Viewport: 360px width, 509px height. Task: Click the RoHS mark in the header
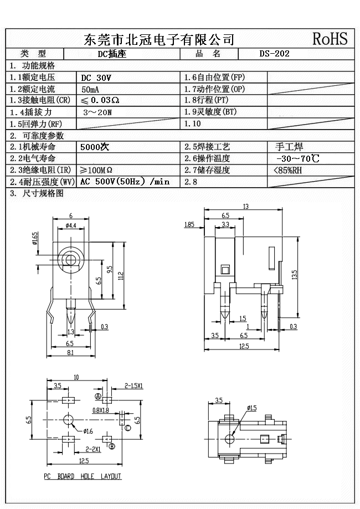click(330, 39)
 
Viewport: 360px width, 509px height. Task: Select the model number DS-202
click(275, 54)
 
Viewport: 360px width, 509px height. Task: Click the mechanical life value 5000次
click(95, 147)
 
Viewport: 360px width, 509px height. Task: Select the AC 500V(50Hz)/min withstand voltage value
click(125, 182)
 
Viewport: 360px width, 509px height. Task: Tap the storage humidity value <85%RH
click(288, 170)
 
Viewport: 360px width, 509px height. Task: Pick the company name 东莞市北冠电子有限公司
click(159, 39)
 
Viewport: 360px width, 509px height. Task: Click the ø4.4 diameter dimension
click(71, 225)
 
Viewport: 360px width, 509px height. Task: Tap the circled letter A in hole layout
click(98, 398)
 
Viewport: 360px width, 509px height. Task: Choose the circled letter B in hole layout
click(111, 446)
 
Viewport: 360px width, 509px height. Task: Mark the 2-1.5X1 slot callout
click(134, 385)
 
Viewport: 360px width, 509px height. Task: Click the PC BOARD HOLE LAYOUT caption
click(83, 476)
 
